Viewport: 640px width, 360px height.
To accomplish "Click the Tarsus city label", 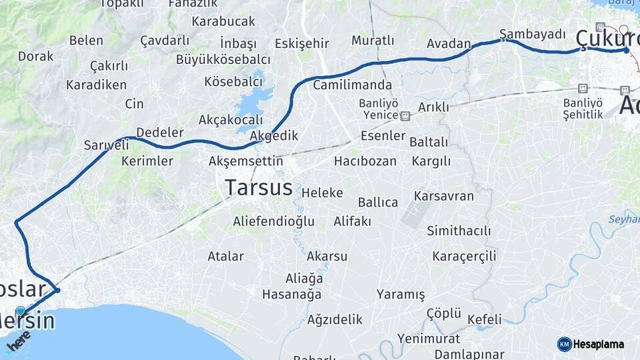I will (259, 187).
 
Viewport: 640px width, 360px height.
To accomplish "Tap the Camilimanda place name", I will (353, 85).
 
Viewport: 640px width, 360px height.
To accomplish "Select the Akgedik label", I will (274, 135).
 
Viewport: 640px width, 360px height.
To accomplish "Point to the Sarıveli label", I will (106, 145).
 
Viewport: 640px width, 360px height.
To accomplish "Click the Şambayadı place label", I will (533, 34).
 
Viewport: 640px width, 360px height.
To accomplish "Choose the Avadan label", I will (449, 44).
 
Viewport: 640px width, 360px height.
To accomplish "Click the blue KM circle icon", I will (565, 344).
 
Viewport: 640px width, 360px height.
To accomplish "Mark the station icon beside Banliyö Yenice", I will (405, 115).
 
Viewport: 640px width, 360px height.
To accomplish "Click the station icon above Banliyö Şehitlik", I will (583, 88).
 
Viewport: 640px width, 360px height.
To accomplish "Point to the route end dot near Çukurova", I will (626, 50).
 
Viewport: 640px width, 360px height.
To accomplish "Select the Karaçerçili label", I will (464, 256).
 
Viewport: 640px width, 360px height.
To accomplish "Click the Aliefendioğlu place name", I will (273, 221).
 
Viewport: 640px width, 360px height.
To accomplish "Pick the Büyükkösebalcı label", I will (223, 59).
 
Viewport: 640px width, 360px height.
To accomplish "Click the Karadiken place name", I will (96, 85).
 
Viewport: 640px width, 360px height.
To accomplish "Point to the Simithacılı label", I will (459, 231).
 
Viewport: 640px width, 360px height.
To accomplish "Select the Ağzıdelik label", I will (335, 319).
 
